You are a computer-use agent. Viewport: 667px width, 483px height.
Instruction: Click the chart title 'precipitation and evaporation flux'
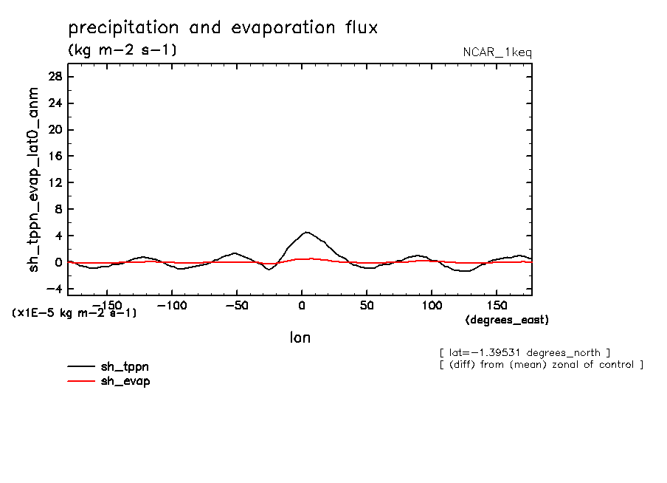pyautogui.click(x=223, y=28)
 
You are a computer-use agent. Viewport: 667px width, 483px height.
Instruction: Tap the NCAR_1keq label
pyautogui.click(x=497, y=52)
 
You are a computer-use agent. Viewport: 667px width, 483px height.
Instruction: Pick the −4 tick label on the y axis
pyautogui.click(x=53, y=289)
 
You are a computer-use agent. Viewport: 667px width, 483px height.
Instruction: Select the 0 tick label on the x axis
pyautogui.click(x=302, y=305)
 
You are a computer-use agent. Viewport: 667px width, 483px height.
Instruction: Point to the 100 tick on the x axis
pyautogui.click(x=432, y=305)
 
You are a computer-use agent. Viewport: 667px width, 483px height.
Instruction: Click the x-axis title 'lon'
pyautogui.click(x=300, y=338)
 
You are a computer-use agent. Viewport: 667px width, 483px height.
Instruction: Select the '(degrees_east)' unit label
pyautogui.click(x=507, y=320)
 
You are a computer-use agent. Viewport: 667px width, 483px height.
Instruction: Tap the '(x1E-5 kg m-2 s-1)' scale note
pyautogui.click(x=74, y=313)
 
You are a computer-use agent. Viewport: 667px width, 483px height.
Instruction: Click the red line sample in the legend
pyautogui.click(x=81, y=381)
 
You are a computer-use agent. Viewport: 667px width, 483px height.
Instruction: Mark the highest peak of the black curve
pyautogui.click(x=306, y=232)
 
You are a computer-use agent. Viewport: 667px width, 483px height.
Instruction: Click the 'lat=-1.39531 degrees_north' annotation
pyautogui.click(x=524, y=352)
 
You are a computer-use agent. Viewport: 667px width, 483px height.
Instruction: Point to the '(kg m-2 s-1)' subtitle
pyautogui.click(x=122, y=50)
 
